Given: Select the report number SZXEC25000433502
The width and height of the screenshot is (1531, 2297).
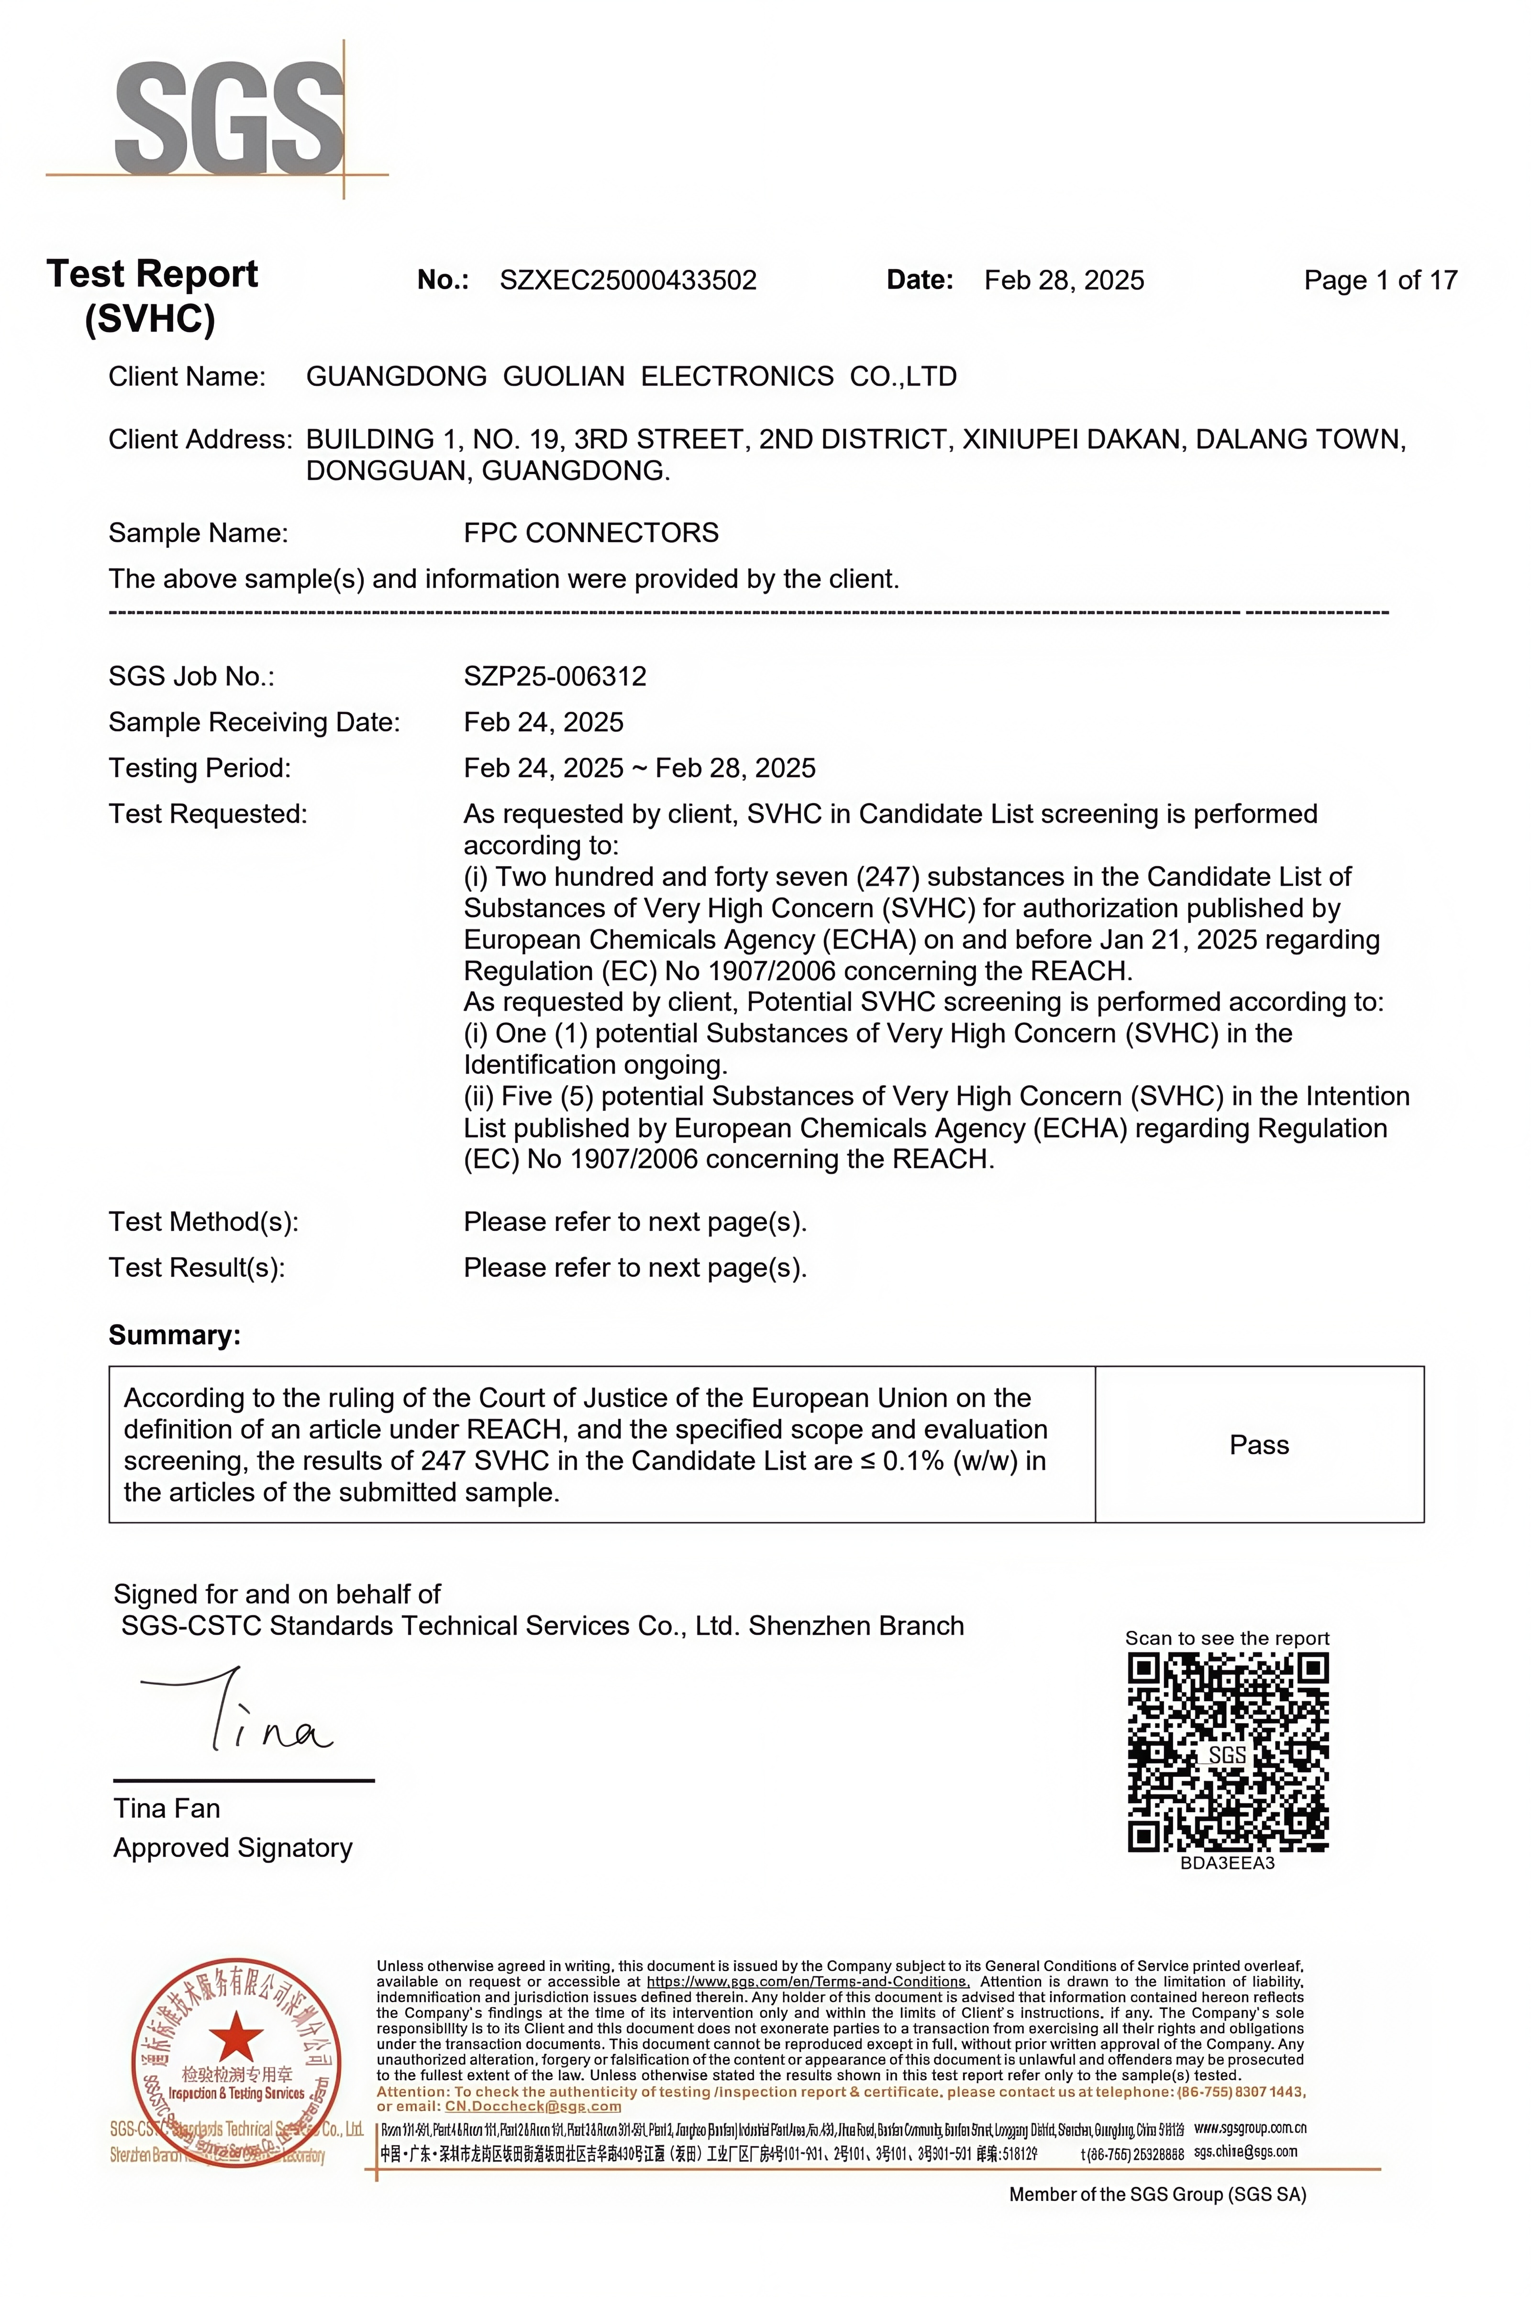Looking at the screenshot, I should point(628,280).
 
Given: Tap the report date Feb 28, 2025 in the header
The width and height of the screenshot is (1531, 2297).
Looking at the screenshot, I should point(1063,280).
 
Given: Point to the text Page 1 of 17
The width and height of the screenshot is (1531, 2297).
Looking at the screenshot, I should point(1380,280).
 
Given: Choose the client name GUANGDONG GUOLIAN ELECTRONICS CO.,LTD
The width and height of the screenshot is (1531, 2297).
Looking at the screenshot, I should point(631,376).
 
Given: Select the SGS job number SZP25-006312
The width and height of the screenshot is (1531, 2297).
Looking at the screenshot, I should point(555,676).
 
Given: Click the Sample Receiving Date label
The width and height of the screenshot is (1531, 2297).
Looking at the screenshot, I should point(254,722).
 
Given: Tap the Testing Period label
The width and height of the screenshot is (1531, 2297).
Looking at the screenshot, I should point(199,768).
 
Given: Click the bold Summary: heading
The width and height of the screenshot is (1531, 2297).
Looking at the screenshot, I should point(174,1335).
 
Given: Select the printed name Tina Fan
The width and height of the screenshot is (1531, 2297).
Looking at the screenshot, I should point(167,1809).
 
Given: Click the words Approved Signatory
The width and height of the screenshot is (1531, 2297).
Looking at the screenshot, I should point(233,1848).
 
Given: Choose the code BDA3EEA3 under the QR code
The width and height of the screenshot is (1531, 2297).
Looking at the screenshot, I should point(1227,1862).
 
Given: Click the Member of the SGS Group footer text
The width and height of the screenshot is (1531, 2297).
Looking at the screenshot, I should point(1157,2195).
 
